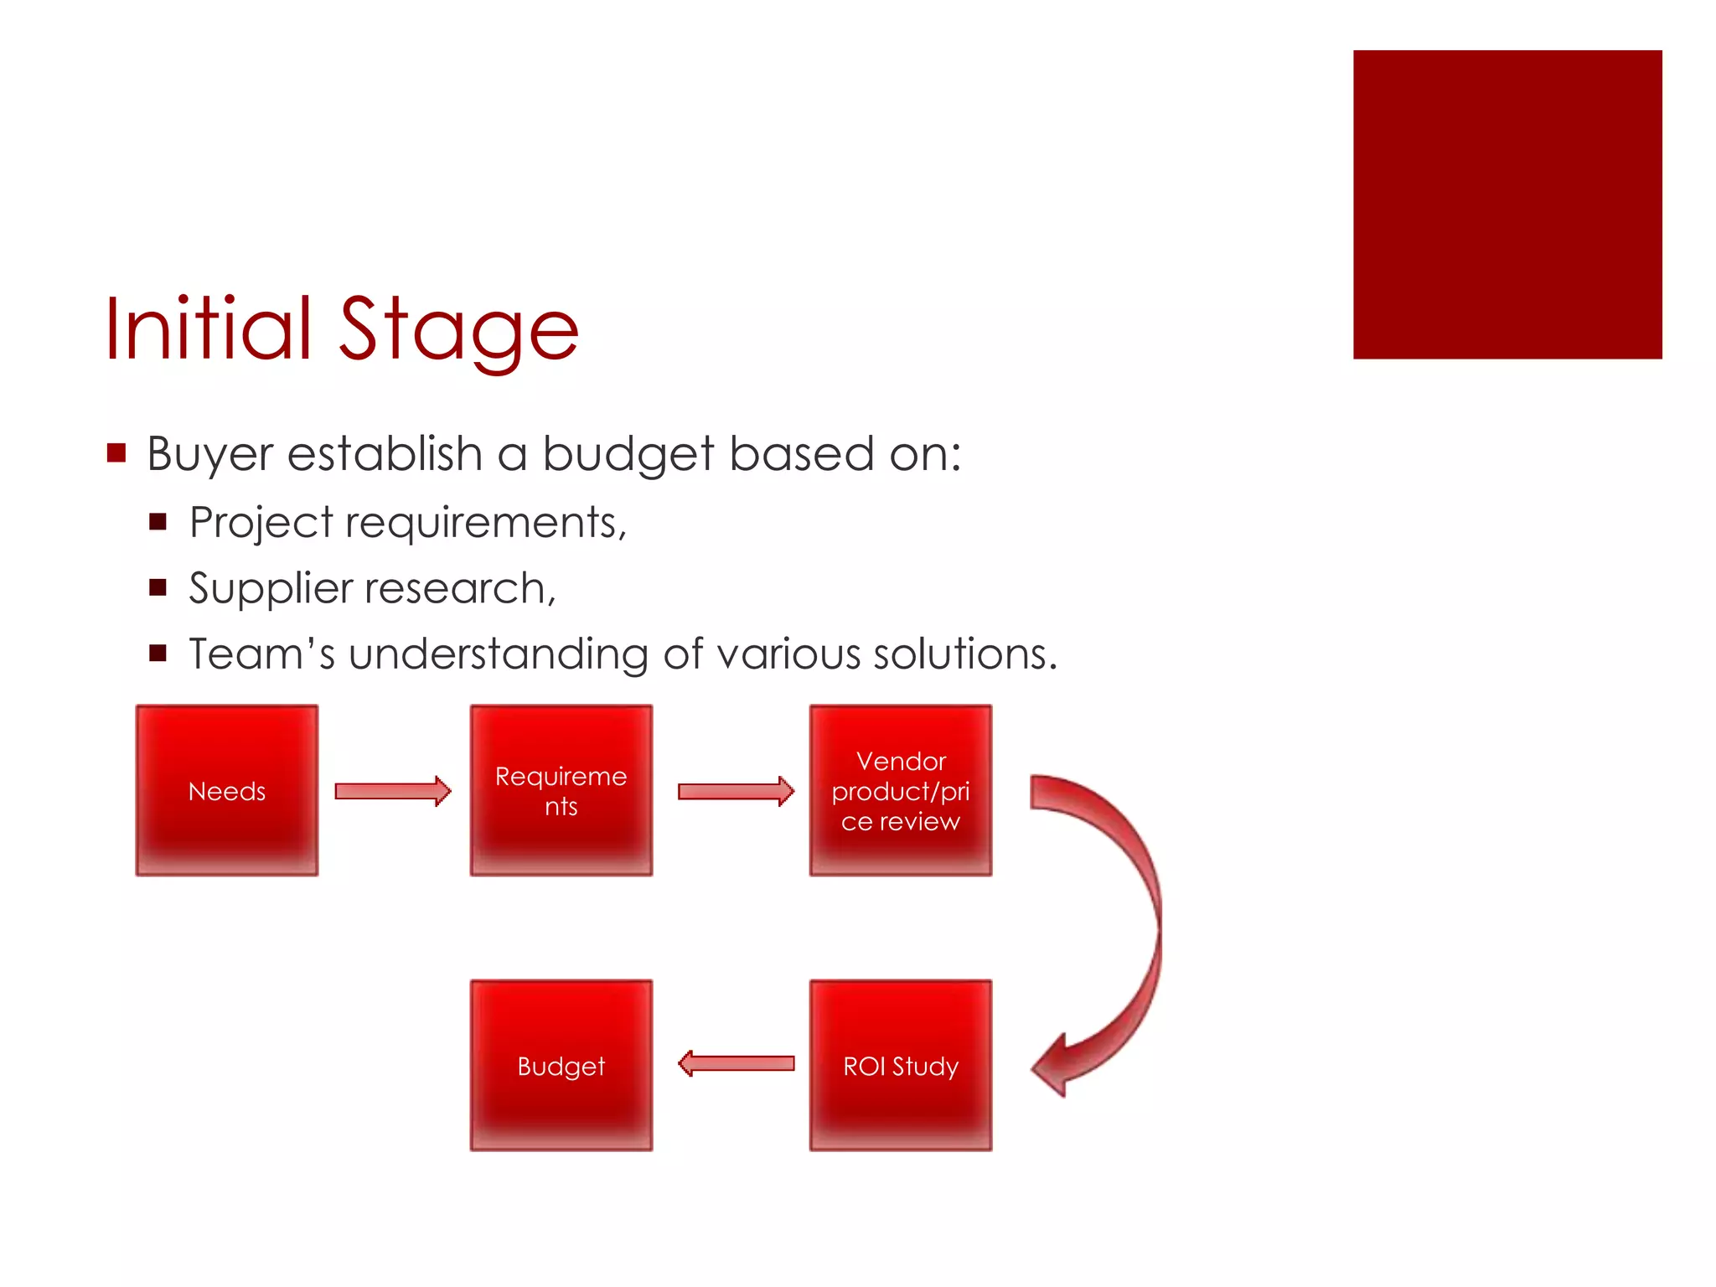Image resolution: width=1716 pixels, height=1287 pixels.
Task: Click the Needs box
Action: click(226, 790)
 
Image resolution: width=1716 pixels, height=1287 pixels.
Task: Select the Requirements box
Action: click(561, 790)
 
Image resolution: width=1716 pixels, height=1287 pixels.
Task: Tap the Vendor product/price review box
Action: click(900, 790)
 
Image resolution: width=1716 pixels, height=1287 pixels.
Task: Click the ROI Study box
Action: click(900, 1065)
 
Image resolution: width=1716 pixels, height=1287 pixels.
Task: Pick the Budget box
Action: click(561, 1065)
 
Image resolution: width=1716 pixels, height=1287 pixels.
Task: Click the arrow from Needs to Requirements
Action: click(392, 791)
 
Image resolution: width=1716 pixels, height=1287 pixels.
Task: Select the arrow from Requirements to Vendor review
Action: click(735, 791)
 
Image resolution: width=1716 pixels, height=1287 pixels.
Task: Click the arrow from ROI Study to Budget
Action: click(735, 1064)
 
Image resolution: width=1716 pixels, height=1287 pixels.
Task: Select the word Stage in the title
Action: click(458, 331)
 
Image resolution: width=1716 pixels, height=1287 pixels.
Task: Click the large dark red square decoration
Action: click(1507, 204)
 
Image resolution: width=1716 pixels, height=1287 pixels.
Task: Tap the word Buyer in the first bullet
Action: click(209, 455)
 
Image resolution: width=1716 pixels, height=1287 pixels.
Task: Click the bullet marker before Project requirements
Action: click(158, 523)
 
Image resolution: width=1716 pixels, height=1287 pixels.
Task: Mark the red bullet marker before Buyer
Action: click(116, 453)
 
